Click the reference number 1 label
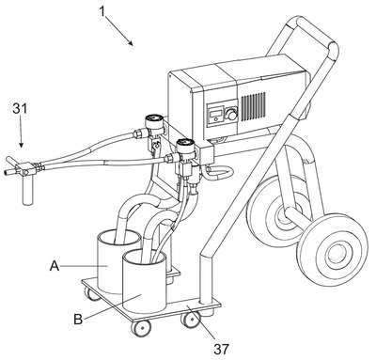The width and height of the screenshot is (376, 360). pos(102,11)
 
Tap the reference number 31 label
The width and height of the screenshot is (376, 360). pos(20,108)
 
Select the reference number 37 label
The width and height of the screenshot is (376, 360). pos(221,349)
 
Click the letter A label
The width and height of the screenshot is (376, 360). pos(55,266)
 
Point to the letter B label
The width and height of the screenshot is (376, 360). pos(78,320)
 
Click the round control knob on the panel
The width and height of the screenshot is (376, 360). pos(232,114)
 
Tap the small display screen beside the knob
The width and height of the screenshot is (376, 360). pos(216,114)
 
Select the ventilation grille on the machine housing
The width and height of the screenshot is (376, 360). pos(253,106)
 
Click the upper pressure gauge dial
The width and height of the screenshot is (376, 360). pos(153,119)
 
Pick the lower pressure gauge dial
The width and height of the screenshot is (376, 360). pos(185,144)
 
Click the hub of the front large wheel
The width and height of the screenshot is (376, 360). pos(337,252)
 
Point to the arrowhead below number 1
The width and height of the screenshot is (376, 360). pos(131,42)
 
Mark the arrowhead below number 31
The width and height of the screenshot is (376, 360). pos(21,144)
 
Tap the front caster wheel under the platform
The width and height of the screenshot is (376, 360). pos(141,328)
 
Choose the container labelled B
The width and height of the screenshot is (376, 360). pos(144,281)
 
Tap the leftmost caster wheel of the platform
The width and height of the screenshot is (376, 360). pos(90,295)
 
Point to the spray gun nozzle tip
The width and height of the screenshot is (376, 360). pos(5,172)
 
